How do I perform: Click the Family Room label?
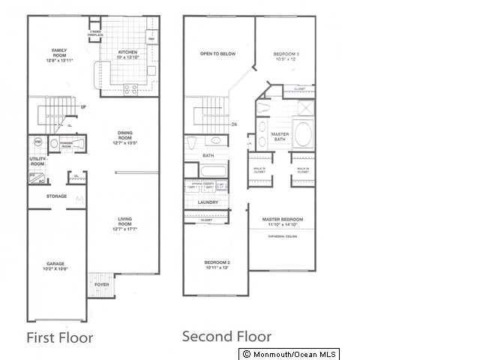pyautogui.click(x=58, y=54)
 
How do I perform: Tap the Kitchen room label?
pyautogui.click(x=127, y=53)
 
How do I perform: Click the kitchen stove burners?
pyautogui.click(x=129, y=88)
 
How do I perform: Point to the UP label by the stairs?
pyautogui.click(x=82, y=107)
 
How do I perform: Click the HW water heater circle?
pyautogui.click(x=37, y=141)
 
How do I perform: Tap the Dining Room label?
pyautogui.click(x=124, y=136)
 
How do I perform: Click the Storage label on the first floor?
pyautogui.click(x=57, y=196)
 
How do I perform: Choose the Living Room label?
pyautogui.click(x=124, y=222)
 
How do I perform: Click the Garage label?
pyautogui.click(x=55, y=265)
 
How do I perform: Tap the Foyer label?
pyautogui.click(x=100, y=286)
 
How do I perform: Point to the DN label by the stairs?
pyautogui.click(x=234, y=124)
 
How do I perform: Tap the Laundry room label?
pyautogui.click(x=208, y=202)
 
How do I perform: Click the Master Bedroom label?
pyautogui.click(x=281, y=220)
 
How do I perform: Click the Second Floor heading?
pyautogui.click(x=226, y=337)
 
